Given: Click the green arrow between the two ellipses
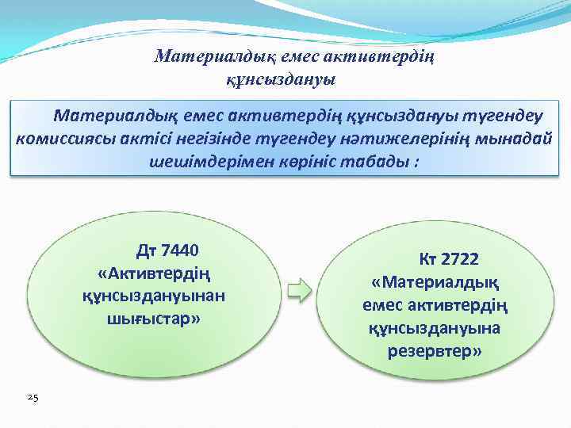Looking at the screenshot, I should point(298,290).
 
